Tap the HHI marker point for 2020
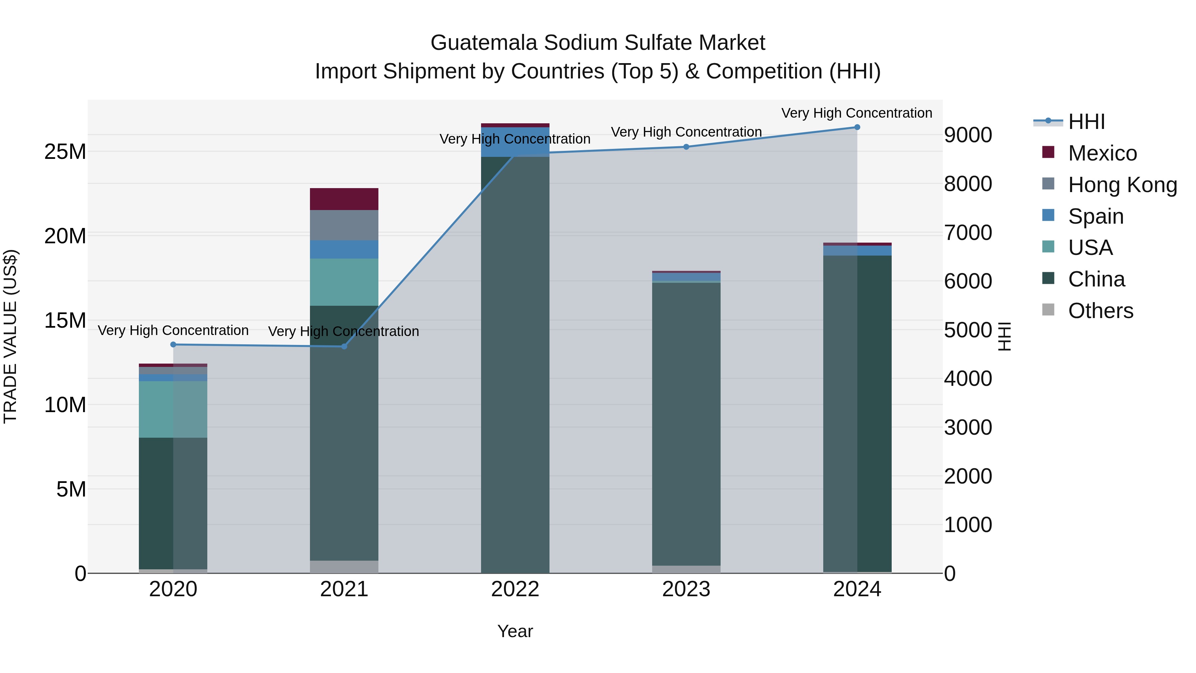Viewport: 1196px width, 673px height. point(173,345)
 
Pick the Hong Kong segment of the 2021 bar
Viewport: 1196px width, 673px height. point(344,225)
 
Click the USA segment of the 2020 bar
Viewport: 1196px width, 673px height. point(173,409)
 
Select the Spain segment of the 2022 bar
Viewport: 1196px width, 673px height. point(515,142)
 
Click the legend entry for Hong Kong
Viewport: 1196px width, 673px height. point(1122,185)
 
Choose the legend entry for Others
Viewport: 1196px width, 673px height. point(1100,311)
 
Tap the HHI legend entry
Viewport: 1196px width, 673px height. point(1086,122)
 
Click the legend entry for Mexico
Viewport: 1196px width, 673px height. point(1102,153)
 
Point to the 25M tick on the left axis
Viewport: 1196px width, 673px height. point(65,152)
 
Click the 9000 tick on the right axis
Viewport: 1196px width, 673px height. point(968,135)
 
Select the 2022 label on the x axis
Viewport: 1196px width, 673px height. point(515,589)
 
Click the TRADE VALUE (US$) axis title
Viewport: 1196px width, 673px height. point(10,336)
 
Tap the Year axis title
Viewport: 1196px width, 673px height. point(515,631)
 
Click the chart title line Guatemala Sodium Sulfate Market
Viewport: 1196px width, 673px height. point(598,43)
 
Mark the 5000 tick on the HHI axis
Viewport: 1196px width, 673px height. point(968,330)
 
